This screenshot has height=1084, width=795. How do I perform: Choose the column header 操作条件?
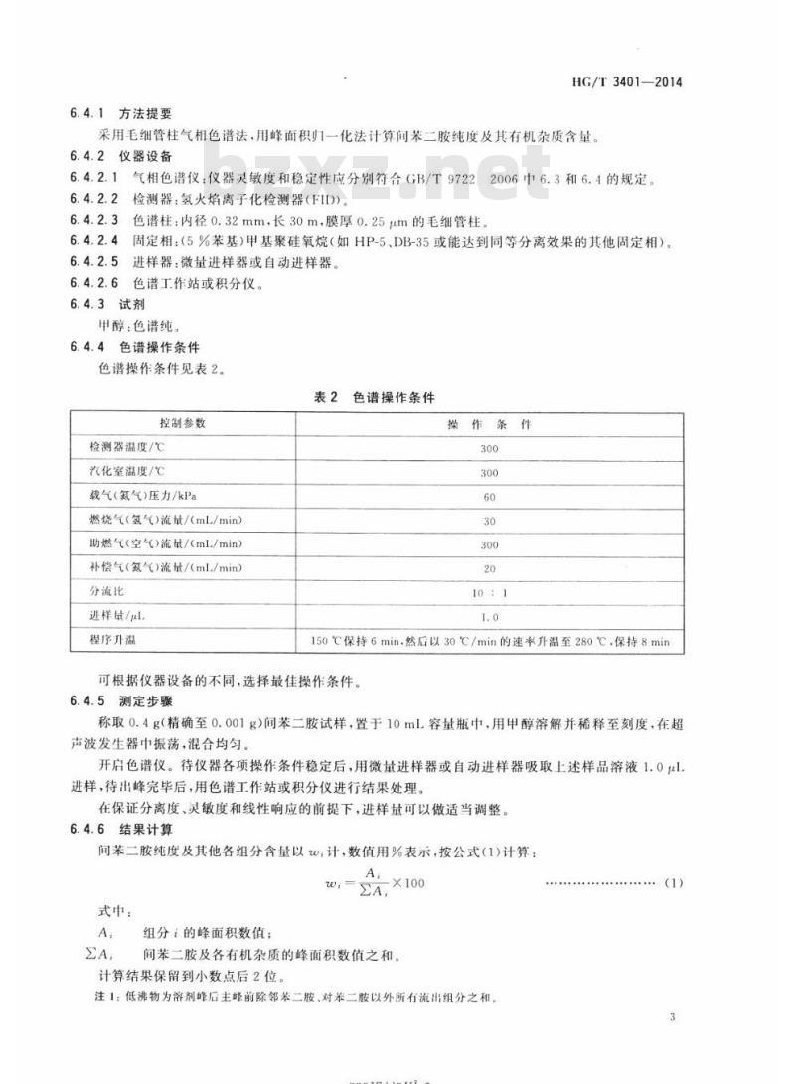(489, 423)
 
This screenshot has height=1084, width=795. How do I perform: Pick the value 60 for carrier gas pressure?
(489, 496)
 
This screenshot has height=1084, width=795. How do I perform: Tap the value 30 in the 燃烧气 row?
(489, 520)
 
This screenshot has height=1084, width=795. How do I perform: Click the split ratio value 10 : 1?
(489, 592)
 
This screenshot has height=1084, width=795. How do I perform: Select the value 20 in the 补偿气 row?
(489, 568)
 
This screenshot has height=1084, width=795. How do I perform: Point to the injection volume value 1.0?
(489, 616)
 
